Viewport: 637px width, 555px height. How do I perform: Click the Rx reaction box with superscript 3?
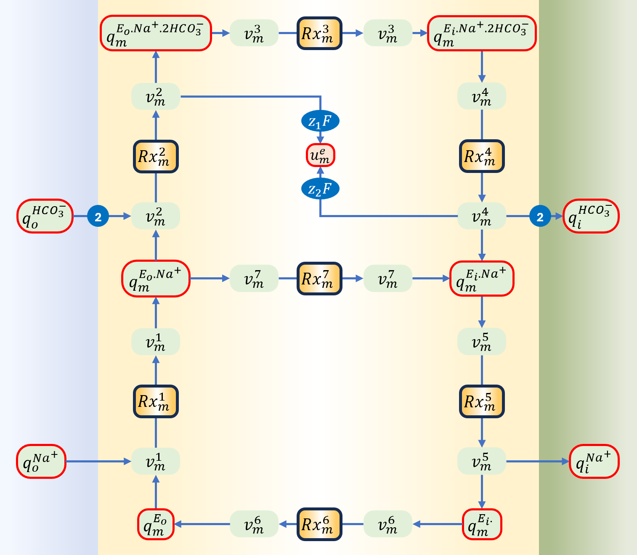[x=319, y=33]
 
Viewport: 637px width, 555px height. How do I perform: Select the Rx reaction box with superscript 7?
[x=319, y=279]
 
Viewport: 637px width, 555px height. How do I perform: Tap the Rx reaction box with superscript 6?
[x=319, y=524]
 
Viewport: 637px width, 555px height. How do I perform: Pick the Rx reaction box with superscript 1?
[x=156, y=401]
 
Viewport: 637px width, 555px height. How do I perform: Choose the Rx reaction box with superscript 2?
[x=156, y=157]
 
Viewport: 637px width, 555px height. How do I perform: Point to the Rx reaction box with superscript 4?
[x=482, y=156]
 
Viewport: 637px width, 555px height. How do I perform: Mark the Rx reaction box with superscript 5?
[x=482, y=401]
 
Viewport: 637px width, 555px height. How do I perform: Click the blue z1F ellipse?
[x=320, y=122]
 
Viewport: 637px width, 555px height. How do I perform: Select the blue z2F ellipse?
[x=320, y=189]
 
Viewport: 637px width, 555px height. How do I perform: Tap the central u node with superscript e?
[x=320, y=155]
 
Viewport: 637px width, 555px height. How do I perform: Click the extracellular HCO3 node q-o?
[x=45, y=216]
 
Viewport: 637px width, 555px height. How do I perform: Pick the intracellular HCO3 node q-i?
[x=591, y=216]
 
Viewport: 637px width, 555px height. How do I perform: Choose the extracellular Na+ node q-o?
[x=41, y=461]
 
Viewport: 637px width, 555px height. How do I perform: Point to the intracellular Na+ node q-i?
[x=594, y=461]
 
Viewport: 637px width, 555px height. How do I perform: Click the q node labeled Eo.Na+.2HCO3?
[x=156, y=33]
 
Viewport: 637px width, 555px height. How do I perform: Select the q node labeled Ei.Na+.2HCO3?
[x=482, y=33]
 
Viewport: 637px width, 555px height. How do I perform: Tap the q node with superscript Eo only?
[x=156, y=524]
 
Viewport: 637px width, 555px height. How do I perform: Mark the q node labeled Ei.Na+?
[x=482, y=279]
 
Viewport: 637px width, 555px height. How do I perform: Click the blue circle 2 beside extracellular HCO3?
[x=98, y=217]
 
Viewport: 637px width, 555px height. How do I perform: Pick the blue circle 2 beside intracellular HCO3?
[x=540, y=217]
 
